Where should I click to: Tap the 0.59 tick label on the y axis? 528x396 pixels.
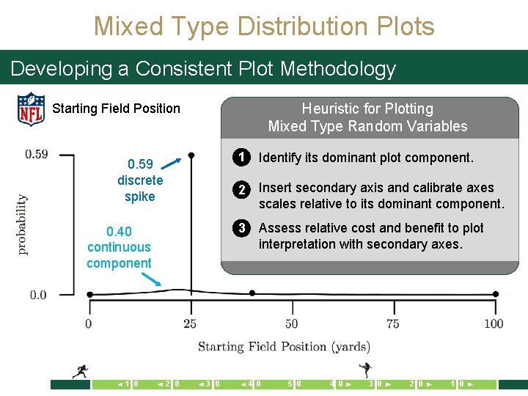pos(37,154)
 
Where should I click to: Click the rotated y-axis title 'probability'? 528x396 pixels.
pos(22,224)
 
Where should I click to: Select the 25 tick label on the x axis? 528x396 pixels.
pos(190,323)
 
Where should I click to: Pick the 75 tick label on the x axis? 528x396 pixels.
pos(393,323)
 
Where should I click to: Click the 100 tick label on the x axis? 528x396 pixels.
pos(494,323)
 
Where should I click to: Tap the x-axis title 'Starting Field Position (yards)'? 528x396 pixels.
pos(284,346)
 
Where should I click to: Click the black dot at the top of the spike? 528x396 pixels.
pos(191,155)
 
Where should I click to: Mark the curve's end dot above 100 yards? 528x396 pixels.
pos(496,294)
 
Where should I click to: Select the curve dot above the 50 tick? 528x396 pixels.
pos(252,293)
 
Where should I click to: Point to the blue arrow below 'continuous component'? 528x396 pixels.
pos(153,279)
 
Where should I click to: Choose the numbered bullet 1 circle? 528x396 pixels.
pos(239,157)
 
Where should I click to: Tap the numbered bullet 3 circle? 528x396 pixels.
pos(239,228)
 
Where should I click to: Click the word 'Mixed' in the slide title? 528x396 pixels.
pos(128,26)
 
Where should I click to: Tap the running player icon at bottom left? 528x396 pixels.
pos(80,372)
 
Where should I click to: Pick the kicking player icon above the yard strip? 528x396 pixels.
pos(365,370)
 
